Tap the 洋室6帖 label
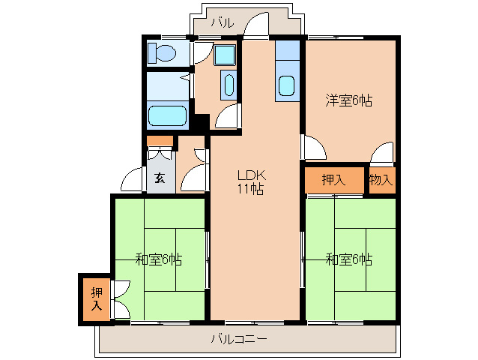(x=348, y=100)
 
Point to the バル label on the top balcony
(x=222, y=23)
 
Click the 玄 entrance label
(x=160, y=178)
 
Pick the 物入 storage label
(x=381, y=180)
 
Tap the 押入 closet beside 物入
(x=333, y=180)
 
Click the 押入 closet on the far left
(x=96, y=298)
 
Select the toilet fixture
(x=161, y=53)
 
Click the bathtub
(x=167, y=116)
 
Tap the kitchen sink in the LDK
(x=286, y=85)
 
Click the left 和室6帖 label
(x=159, y=260)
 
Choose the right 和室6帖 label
(x=349, y=260)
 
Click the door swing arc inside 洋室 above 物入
(x=384, y=152)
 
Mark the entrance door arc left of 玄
(x=133, y=181)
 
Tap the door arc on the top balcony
(x=258, y=24)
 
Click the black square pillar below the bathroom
(x=200, y=121)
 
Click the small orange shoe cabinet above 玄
(x=160, y=141)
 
